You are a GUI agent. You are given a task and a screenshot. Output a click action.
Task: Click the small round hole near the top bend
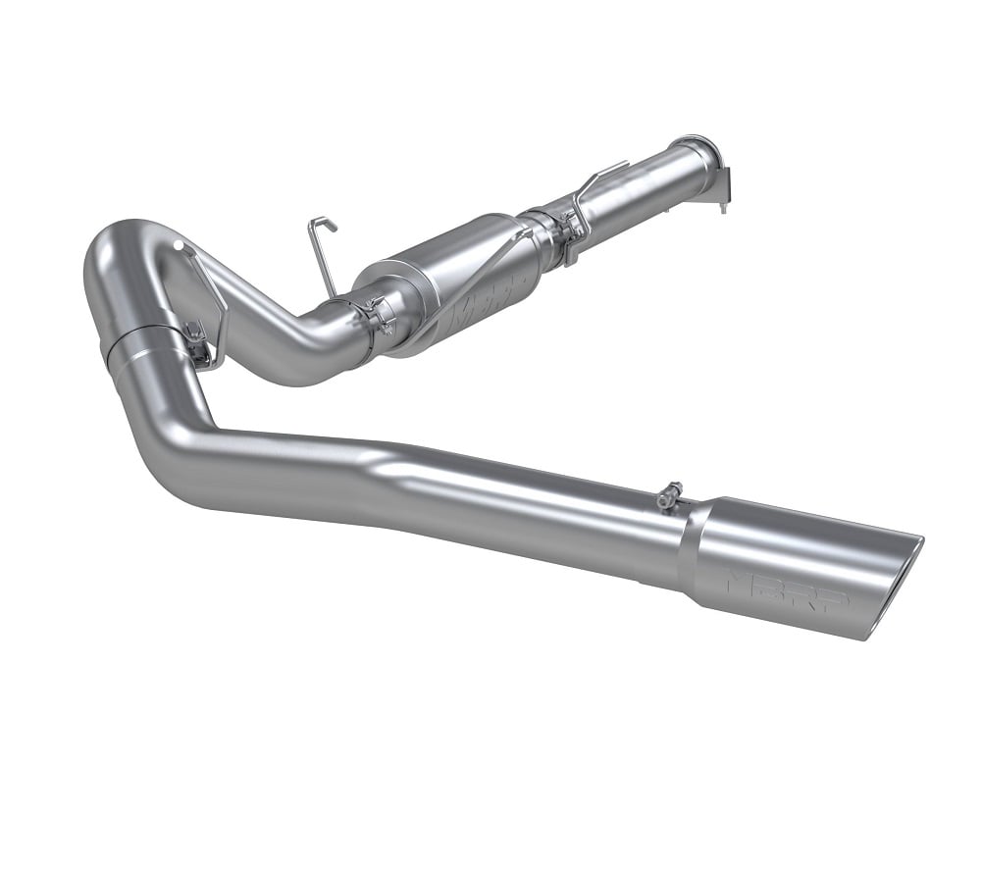pyautogui.click(x=181, y=246)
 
